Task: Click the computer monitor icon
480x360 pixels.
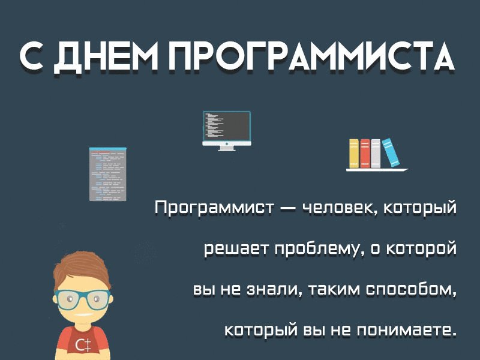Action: (x=227, y=131)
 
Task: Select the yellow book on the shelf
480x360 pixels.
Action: (x=354, y=154)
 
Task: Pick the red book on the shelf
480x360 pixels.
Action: (x=365, y=154)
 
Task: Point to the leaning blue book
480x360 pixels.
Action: (x=391, y=152)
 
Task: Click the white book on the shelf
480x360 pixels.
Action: (x=376, y=154)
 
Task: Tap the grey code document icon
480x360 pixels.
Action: (x=108, y=174)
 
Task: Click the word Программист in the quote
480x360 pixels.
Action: (x=214, y=208)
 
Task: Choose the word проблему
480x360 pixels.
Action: (x=316, y=250)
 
